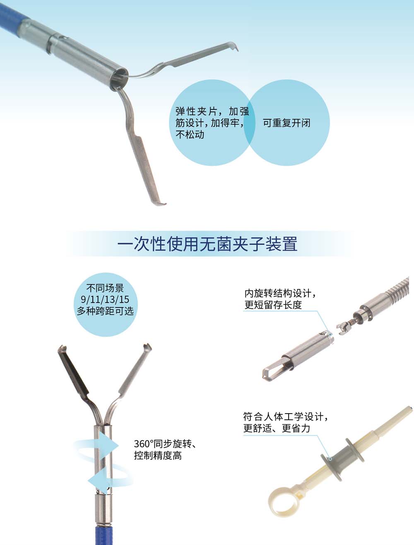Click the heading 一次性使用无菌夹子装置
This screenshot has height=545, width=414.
[x=207, y=244]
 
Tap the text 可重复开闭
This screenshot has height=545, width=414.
[x=286, y=123]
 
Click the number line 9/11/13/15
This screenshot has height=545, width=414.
[x=105, y=299]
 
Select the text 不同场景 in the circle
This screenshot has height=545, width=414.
[x=105, y=288]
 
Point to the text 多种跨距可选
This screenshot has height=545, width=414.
[x=105, y=310]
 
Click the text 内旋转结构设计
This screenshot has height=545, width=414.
[x=277, y=293]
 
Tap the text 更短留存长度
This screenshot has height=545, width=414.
[x=273, y=305]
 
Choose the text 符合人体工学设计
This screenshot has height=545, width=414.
[x=283, y=417]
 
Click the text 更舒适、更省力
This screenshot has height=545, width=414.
[x=277, y=428]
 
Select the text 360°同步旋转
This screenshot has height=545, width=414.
[x=163, y=444]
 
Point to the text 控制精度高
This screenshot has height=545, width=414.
[x=158, y=455]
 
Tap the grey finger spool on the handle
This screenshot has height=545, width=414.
[x=342, y=459]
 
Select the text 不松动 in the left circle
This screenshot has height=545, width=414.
[x=190, y=135]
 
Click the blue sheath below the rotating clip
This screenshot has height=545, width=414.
[x=104, y=534]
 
